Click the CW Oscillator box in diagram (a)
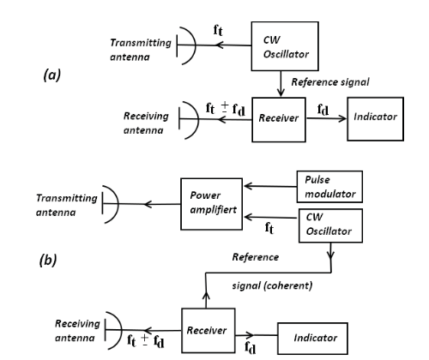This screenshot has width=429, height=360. click(x=285, y=46)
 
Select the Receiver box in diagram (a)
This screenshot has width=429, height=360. click(x=279, y=120)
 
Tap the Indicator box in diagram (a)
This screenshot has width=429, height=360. click(x=376, y=119)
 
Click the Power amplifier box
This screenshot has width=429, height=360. click(x=212, y=204)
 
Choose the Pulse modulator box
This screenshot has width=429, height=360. click(x=329, y=187)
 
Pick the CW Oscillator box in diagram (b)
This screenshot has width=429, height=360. click(x=331, y=225)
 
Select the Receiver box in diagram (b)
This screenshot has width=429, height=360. click(x=208, y=331)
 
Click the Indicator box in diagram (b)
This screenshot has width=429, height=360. click(x=312, y=339)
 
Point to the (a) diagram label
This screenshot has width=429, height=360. click(x=52, y=75)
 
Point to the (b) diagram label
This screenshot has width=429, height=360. click(x=48, y=261)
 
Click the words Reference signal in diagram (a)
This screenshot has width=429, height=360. click(x=330, y=82)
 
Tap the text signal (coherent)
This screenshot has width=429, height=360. click(x=272, y=285)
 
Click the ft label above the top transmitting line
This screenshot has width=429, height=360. click(x=218, y=30)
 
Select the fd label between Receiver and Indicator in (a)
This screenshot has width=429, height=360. click(x=323, y=110)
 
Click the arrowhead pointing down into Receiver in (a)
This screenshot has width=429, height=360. click(x=281, y=93)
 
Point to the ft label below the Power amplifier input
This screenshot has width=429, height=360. click(x=269, y=228)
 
